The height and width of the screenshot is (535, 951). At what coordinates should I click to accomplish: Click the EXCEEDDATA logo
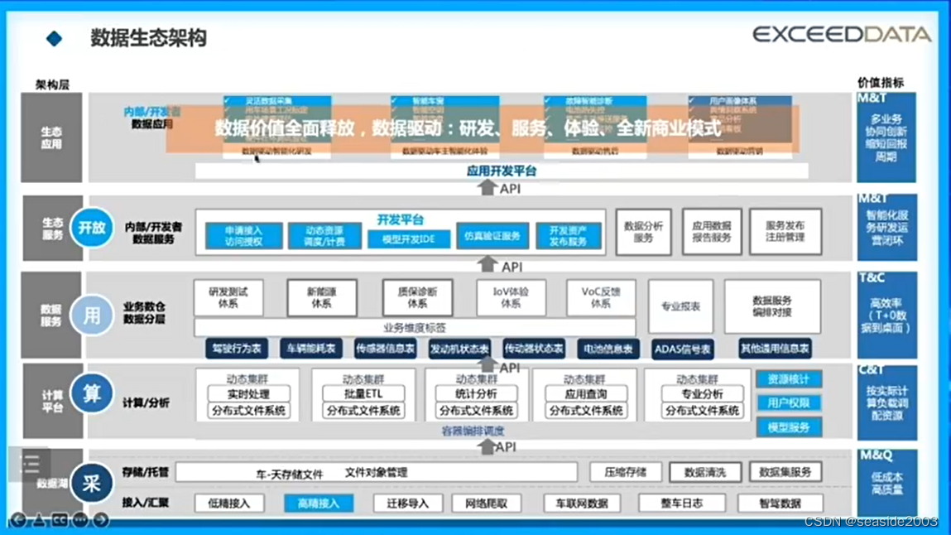(x=842, y=34)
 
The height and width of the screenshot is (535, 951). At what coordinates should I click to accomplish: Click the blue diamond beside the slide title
(x=55, y=38)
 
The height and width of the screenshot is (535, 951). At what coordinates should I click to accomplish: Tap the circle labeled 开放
(x=91, y=229)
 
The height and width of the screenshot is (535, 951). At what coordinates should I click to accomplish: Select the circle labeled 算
(x=91, y=394)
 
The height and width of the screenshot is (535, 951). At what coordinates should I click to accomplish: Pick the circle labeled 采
(x=91, y=483)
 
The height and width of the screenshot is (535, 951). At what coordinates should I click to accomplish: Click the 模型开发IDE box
(x=409, y=239)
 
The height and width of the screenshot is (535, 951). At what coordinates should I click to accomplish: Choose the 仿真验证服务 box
(x=492, y=236)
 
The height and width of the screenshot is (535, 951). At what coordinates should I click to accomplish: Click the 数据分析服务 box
(x=643, y=232)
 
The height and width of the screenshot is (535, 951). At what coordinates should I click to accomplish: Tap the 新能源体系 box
(x=322, y=298)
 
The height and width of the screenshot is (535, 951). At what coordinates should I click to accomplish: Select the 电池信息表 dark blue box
(x=608, y=349)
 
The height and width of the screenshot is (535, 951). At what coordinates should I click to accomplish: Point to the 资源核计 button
(x=788, y=379)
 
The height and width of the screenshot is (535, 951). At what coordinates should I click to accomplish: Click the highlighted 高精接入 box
(x=319, y=503)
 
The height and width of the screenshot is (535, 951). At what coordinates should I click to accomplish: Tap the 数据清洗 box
(x=704, y=472)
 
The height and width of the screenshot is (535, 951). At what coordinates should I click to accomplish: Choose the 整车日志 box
(x=681, y=503)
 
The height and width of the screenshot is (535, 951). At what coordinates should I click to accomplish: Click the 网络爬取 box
(x=486, y=503)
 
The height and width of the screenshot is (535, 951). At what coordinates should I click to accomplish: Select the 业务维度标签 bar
(x=415, y=328)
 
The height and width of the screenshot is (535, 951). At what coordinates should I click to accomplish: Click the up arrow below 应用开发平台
(x=488, y=189)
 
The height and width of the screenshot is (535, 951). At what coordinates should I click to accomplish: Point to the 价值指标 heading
(x=880, y=83)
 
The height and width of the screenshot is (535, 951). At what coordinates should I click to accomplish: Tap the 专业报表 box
(x=680, y=306)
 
